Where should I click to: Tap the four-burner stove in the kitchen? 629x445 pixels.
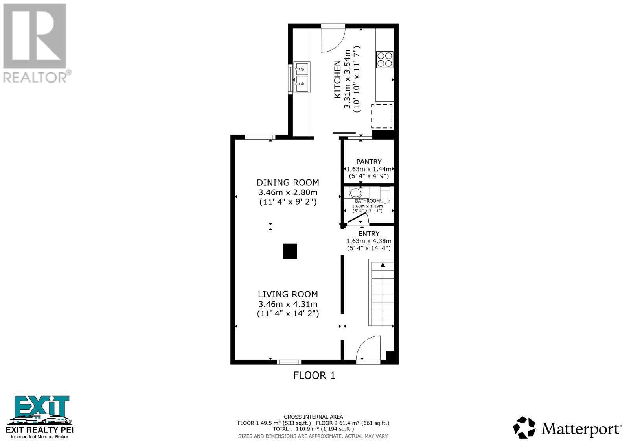coord(384,59)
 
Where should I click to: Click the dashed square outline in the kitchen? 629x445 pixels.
coord(382,116)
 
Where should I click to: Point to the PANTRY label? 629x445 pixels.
coord(369,162)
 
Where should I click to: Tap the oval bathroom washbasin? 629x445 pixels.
coord(356,193)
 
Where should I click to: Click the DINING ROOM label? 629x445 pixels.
coord(288,183)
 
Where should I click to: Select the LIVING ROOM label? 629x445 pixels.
coord(288,294)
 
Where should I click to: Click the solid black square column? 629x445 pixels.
coord(290,251)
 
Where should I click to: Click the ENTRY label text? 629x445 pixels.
coord(369,234)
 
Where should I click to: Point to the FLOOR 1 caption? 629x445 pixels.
coord(314,375)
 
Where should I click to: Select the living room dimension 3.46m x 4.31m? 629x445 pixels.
coord(288,304)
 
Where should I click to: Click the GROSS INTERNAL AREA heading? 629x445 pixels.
coord(313,417)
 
